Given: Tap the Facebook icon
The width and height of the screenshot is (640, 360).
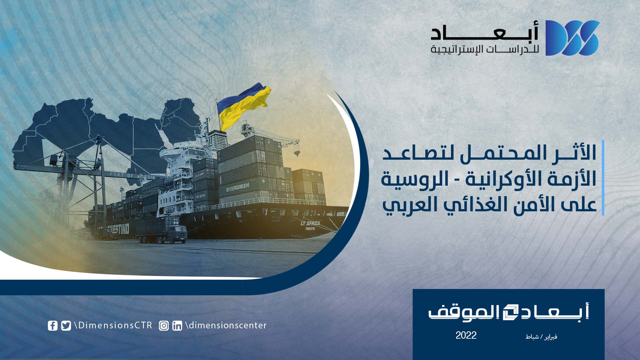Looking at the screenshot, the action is tap(53, 326).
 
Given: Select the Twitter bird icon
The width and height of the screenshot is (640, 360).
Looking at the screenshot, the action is tap(66, 326).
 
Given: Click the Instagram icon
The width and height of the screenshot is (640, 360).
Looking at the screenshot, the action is tap(164, 326).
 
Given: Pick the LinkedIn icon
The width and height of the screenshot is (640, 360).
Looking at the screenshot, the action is tap(177, 326).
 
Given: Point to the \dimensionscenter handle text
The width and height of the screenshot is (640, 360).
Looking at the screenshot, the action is tap(226, 325).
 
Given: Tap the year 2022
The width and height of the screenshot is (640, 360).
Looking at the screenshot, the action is tap(466, 335).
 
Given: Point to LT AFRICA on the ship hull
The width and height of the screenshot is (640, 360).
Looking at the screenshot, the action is tap(310, 223).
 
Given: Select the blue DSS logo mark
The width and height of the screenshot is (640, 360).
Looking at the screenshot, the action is tap(572, 38).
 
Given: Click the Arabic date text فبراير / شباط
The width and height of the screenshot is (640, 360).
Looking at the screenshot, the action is tap(541, 337).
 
